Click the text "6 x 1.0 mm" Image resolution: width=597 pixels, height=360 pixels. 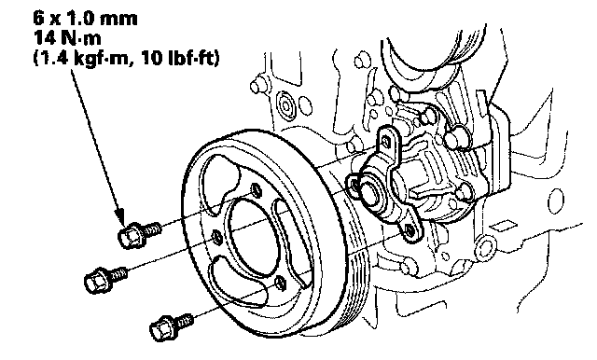pos(86,19)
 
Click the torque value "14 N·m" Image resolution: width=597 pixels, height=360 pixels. pos(68,38)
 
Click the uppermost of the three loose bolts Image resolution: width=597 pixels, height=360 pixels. pos(139,234)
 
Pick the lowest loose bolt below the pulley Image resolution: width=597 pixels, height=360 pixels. pos(171,327)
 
